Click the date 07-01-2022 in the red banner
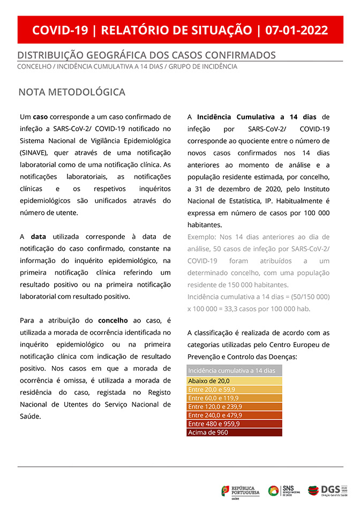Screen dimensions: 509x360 point(296,30)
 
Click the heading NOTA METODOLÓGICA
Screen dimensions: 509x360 point(72,92)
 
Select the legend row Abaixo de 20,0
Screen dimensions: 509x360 point(234,380)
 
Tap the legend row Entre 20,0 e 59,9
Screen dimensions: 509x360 point(234,389)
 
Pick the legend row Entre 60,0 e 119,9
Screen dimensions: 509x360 point(234,398)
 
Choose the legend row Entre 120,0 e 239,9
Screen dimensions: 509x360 point(234,407)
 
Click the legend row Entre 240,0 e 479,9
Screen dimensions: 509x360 point(234,415)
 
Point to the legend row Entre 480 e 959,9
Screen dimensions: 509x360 point(234,424)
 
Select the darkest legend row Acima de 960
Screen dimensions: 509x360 point(234,432)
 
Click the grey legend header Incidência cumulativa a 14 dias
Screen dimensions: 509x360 point(234,371)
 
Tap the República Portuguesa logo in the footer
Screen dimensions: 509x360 point(240,491)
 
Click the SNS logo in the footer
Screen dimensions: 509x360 point(284,491)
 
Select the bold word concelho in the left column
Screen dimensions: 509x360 point(112,320)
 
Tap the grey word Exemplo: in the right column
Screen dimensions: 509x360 point(202,237)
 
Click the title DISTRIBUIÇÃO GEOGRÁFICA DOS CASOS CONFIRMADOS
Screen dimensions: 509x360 point(146,55)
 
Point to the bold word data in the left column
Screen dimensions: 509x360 point(38,236)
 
